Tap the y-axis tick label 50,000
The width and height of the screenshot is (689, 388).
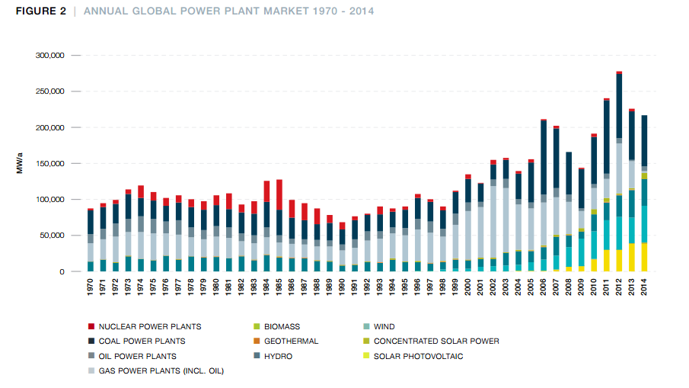click(x=54, y=236)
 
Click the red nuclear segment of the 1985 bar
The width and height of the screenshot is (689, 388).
click(x=279, y=194)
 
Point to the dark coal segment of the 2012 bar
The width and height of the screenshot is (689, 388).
click(x=619, y=106)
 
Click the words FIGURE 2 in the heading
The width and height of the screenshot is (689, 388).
click(x=40, y=11)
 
